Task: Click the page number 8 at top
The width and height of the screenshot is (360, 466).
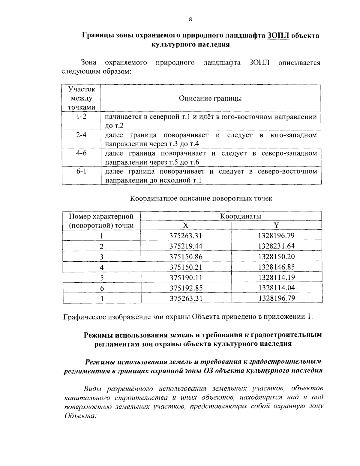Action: click(190, 20)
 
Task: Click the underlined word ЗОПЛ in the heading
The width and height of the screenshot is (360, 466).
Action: click(277, 35)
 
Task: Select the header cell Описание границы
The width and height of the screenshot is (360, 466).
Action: click(210, 98)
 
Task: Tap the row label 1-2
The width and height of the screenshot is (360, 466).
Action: click(81, 116)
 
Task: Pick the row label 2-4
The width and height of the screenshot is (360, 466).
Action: click(81, 135)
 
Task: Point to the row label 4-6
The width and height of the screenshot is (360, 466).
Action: click(81, 153)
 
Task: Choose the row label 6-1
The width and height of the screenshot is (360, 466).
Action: click(81, 171)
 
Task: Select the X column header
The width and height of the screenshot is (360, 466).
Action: click(186, 226)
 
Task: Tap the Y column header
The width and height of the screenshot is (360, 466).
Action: click(276, 226)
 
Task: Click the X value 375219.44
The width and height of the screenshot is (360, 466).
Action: click(186, 246)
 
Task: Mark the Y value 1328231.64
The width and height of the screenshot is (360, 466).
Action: click(276, 246)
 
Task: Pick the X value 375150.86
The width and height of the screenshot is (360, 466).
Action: click(186, 257)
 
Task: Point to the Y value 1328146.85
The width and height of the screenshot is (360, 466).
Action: click(276, 267)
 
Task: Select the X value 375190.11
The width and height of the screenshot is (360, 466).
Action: click(186, 278)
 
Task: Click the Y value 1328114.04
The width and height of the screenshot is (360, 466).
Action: click(276, 288)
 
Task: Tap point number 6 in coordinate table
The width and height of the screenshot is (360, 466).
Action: click(102, 288)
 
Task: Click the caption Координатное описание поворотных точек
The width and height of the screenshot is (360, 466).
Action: click(201, 199)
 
